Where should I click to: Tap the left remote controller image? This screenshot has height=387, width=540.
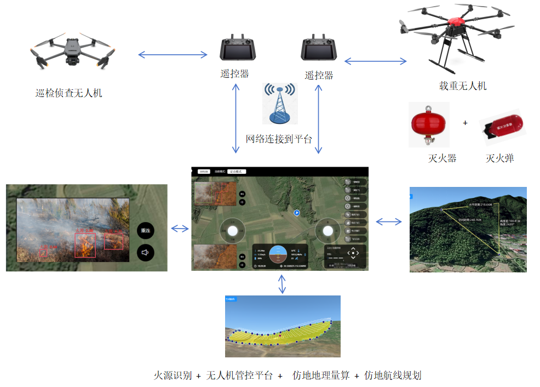[x=235, y=49]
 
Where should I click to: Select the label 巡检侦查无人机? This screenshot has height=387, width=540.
[x=68, y=93]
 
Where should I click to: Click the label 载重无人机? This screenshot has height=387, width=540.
[x=462, y=86]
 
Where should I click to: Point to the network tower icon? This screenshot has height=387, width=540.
[x=280, y=104]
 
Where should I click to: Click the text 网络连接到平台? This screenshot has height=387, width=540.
[x=279, y=139]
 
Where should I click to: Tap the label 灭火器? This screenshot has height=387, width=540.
[x=442, y=158]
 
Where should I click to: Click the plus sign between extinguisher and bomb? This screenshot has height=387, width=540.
[x=466, y=123]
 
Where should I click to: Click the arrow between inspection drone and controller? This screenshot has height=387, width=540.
[x=173, y=54]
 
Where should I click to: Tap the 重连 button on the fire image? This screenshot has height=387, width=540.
[x=145, y=231]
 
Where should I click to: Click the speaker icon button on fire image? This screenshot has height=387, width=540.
[x=145, y=252]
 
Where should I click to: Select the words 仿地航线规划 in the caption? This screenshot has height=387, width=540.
[x=393, y=375]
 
